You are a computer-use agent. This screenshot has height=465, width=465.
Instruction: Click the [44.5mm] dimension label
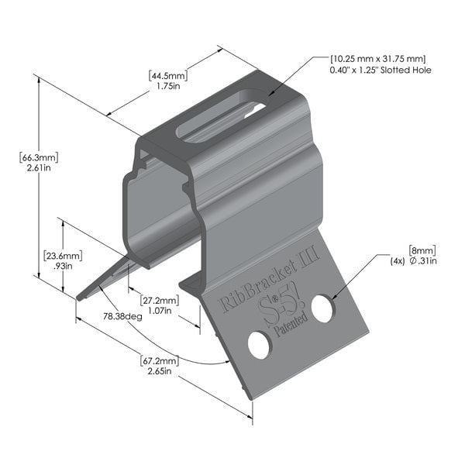tap(168, 76)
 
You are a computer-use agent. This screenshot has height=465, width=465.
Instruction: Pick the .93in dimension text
tap(63, 266)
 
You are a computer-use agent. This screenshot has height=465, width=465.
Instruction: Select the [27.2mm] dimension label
tap(160, 299)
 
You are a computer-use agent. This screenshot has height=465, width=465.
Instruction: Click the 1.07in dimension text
tap(160, 310)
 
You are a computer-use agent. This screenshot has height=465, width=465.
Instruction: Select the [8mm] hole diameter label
tap(422, 250)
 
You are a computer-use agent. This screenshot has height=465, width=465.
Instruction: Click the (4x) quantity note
tap(398, 260)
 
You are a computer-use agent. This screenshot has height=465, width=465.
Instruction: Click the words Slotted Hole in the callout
tap(411, 71)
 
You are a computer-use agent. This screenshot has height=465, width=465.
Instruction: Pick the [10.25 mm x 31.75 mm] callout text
tap(377, 59)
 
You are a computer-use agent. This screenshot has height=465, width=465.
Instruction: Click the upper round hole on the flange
tap(322, 308)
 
